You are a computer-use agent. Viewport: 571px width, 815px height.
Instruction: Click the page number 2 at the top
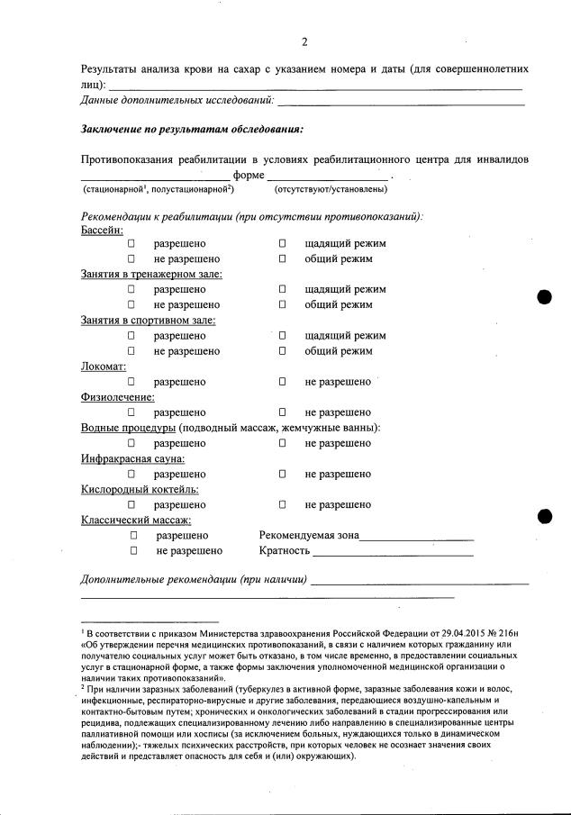pyautogui.click(x=305, y=42)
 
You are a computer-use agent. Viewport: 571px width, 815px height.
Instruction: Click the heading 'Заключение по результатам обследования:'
pyautogui.click(x=192, y=129)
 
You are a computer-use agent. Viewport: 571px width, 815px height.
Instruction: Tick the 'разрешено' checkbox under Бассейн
pyautogui.click(x=131, y=244)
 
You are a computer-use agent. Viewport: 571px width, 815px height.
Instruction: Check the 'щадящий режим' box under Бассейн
pyautogui.click(x=282, y=244)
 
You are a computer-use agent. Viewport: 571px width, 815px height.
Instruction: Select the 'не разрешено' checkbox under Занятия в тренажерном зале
pyautogui.click(x=131, y=305)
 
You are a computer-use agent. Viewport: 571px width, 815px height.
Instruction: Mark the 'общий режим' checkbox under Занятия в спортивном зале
pyautogui.click(x=282, y=351)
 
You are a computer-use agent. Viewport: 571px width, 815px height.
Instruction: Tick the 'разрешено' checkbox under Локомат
pyautogui.click(x=131, y=382)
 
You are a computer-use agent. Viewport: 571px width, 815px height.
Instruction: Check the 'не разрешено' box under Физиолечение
pyautogui.click(x=282, y=412)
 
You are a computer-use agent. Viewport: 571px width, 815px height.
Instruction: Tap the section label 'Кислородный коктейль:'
pyautogui.click(x=140, y=489)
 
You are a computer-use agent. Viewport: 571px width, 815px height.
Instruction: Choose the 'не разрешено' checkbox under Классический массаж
pyautogui.click(x=133, y=550)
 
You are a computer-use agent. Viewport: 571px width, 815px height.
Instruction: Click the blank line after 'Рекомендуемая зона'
pyautogui.click(x=416, y=538)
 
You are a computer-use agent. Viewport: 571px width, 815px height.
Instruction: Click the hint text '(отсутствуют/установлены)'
pyautogui.click(x=331, y=189)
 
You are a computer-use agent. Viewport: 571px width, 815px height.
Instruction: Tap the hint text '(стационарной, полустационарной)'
pyautogui.click(x=159, y=189)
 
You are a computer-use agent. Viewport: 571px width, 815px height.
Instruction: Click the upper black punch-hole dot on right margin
pyautogui.click(x=544, y=299)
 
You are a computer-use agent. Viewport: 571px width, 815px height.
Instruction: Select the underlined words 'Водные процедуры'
pyautogui.click(x=128, y=428)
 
